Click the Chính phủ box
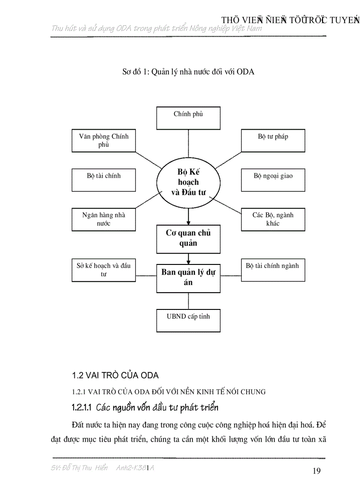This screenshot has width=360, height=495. [188, 118]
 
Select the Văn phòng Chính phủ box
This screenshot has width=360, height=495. [104, 141]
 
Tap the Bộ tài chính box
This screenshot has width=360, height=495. [104, 180]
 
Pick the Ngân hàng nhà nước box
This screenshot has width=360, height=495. [104, 219]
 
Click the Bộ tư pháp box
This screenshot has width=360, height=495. [273, 141]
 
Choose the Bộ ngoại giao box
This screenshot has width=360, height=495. [273, 180]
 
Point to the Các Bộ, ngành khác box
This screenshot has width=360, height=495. [273, 219]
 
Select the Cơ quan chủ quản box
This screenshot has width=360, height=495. [188, 238]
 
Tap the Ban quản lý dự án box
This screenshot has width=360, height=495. [188, 278]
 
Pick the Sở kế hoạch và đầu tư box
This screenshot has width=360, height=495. [104, 270]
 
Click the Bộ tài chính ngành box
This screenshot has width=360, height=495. [273, 270]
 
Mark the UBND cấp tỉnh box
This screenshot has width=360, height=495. [188, 320]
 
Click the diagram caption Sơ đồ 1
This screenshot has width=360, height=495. [188, 71]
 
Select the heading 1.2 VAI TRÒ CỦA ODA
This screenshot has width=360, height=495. [115, 376]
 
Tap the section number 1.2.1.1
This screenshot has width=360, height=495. [82, 407]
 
